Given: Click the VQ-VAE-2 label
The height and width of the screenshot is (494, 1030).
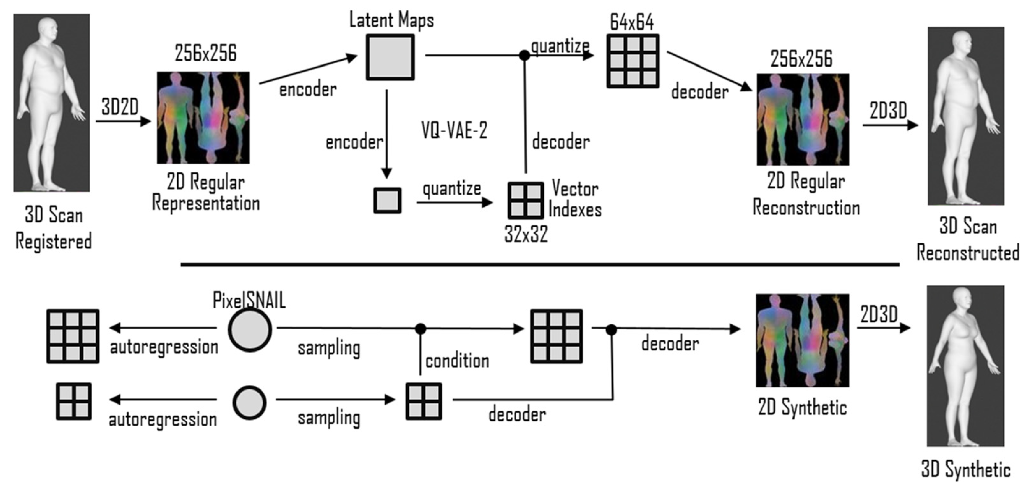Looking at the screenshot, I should [454, 131].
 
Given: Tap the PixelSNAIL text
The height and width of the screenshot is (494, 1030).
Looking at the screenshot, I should [249, 300].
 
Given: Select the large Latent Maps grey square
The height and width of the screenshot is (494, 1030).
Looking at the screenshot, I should [390, 57].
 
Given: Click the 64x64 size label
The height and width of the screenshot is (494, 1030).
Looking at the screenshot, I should [632, 22].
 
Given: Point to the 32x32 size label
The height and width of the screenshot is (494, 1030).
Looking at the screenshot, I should [526, 234].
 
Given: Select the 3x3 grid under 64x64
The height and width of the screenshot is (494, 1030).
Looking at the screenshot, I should [633, 61].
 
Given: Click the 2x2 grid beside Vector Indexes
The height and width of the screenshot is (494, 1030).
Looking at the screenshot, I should [526, 200].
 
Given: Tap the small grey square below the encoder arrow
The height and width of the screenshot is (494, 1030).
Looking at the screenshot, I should [387, 201].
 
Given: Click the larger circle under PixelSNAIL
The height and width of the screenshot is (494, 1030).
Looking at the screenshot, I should [250, 330].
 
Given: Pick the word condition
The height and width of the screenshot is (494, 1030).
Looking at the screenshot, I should [457, 361].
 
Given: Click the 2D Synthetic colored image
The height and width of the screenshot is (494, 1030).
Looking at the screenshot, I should [802, 341].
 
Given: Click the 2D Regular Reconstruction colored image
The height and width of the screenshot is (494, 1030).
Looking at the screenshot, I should [803, 119].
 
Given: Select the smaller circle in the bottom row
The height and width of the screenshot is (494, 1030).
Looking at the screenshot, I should [249, 402].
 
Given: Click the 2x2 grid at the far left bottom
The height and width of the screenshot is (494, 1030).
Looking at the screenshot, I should [74, 401].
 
